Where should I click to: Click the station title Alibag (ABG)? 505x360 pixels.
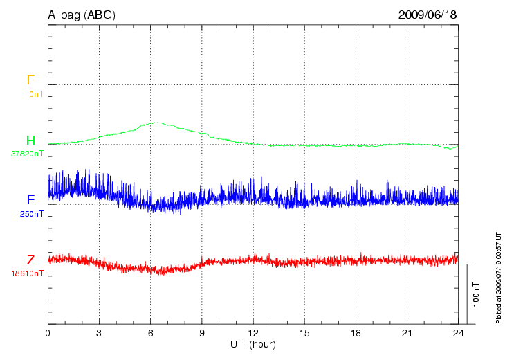pyautogui.click(x=82, y=15)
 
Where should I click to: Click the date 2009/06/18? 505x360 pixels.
pyautogui.click(x=428, y=15)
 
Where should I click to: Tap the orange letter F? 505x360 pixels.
pyautogui.click(x=30, y=81)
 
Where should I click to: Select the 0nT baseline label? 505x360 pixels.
pyautogui.click(x=36, y=93)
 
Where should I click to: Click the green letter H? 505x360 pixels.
pyautogui.click(x=30, y=141)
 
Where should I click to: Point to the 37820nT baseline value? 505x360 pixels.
pyautogui.click(x=28, y=154)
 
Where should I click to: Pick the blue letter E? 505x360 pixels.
pyautogui.click(x=30, y=201)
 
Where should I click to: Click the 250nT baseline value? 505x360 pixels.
pyautogui.click(x=32, y=214)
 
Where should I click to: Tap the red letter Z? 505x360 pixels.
pyautogui.click(x=30, y=260)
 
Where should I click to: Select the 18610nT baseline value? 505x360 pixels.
pyautogui.click(x=28, y=273)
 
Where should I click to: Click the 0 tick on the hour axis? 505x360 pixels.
pyautogui.click(x=48, y=333)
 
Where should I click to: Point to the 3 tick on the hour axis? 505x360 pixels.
pyautogui.click(x=99, y=333)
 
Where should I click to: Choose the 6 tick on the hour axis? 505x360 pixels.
pyautogui.click(x=151, y=333)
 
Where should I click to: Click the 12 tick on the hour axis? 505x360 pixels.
pyautogui.click(x=253, y=333)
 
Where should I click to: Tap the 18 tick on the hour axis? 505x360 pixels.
pyautogui.click(x=356, y=333)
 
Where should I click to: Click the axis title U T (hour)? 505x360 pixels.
pyautogui.click(x=253, y=344)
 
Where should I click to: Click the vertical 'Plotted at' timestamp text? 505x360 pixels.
pyautogui.click(x=498, y=277)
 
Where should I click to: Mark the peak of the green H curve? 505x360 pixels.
pyautogui.click(x=157, y=123)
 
